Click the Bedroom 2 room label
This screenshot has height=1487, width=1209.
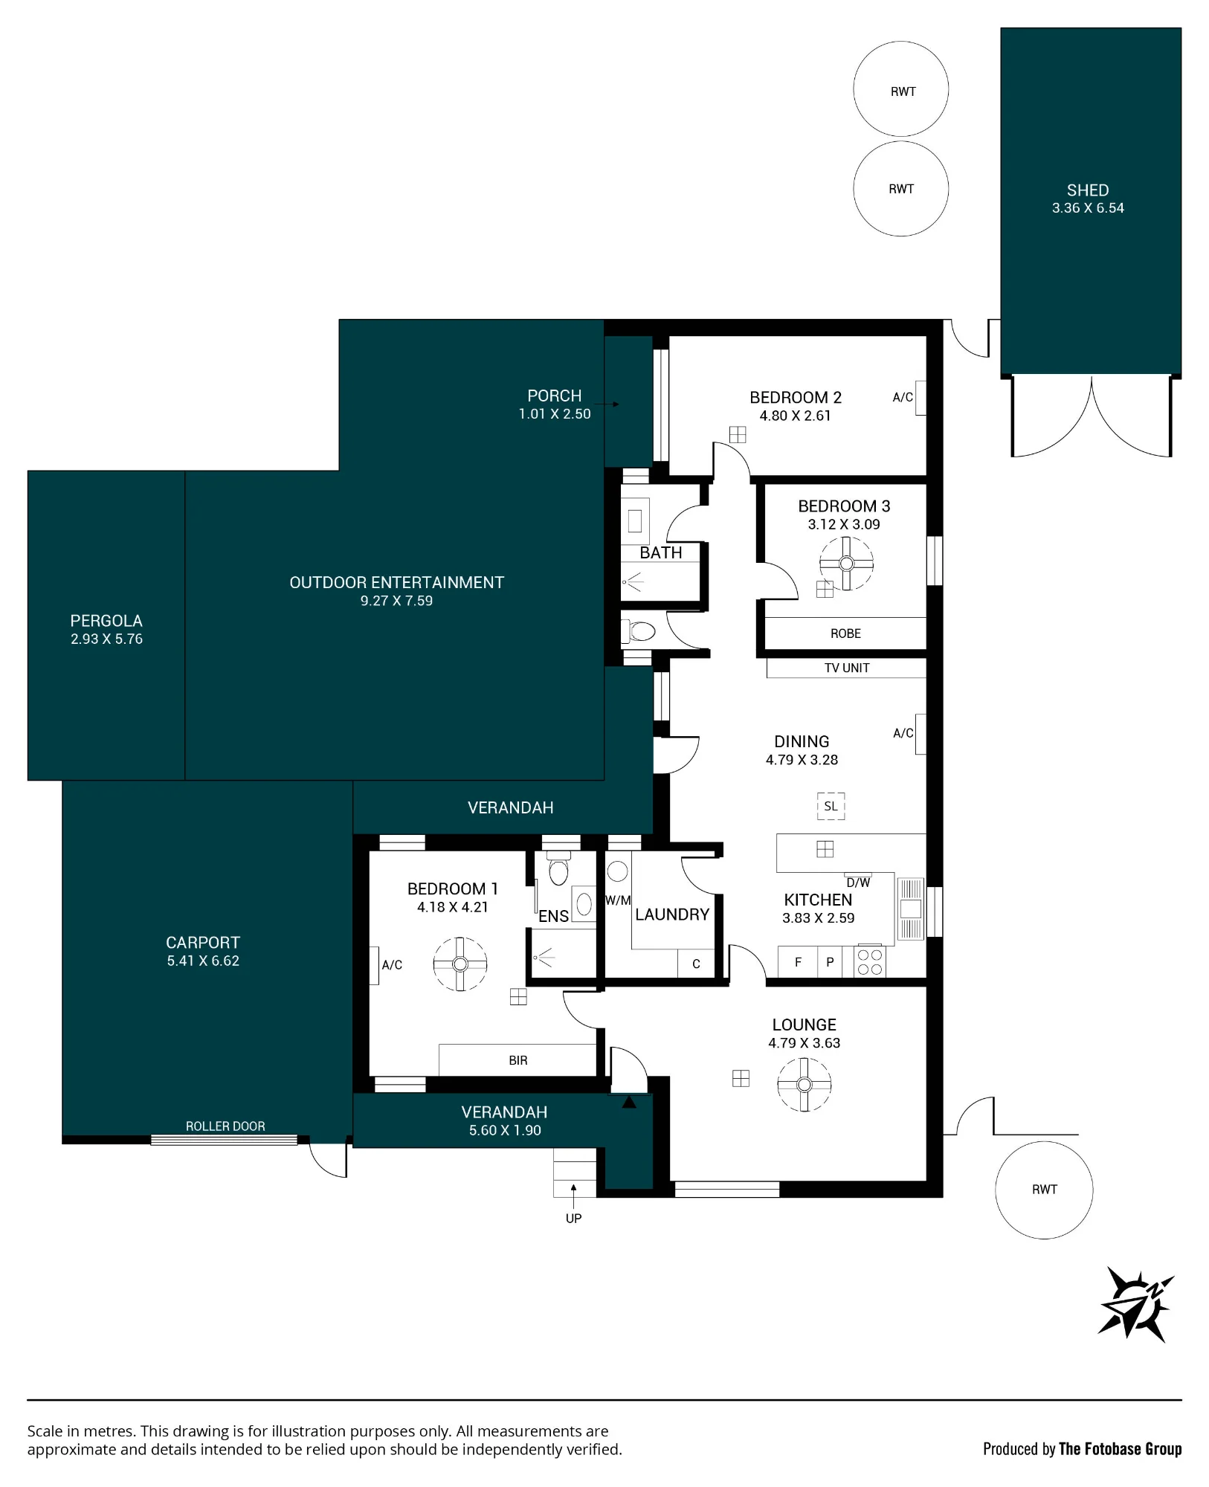click(x=795, y=398)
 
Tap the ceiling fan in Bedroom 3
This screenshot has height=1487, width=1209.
click(x=846, y=563)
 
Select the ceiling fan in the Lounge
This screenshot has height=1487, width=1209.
click(x=804, y=1084)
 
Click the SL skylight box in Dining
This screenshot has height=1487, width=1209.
click(x=831, y=806)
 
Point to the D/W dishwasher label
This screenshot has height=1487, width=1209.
click(x=858, y=883)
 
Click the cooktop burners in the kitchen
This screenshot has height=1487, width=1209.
click(x=869, y=961)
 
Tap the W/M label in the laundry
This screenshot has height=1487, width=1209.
click(x=618, y=900)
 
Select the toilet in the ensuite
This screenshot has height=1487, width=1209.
click(x=558, y=868)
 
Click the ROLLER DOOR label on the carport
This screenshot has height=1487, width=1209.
click(x=225, y=1126)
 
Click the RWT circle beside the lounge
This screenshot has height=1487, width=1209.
click(x=1044, y=1190)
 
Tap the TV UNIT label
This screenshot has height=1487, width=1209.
click(x=847, y=668)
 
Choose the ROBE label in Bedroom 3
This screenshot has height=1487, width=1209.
click(x=845, y=633)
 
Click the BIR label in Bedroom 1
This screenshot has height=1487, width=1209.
click(x=518, y=1060)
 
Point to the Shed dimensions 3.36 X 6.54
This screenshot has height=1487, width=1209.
click(x=1088, y=208)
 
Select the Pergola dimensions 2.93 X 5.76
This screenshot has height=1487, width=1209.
click(x=106, y=639)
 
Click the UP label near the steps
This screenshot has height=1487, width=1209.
click(x=573, y=1218)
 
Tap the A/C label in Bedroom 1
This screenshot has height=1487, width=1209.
click(x=392, y=965)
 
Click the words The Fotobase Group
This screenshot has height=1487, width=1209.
click(x=1120, y=1448)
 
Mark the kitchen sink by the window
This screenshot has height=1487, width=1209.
click(x=911, y=909)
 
